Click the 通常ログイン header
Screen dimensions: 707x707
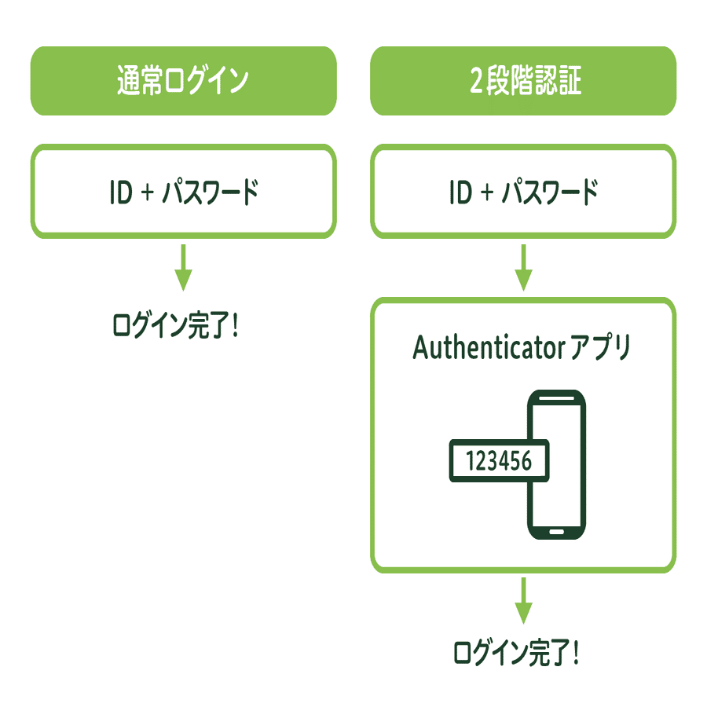pyautogui.click(x=183, y=82)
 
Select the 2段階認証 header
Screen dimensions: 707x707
pyautogui.click(x=523, y=82)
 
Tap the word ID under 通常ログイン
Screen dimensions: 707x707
pyautogui.click(x=122, y=192)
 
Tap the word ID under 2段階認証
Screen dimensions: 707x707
pyautogui.click(x=461, y=192)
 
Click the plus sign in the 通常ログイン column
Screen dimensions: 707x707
pyautogui.click(x=148, y=192)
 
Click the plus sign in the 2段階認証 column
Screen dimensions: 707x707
pyautogui.click(x=488, y=192)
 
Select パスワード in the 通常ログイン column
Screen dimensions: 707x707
pyautogui.click(x=209, y=192)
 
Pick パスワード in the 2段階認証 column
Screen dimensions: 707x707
pyautogui.click(x=549, y=192)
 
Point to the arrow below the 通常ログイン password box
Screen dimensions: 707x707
pyautogui.click(x=183, y=267)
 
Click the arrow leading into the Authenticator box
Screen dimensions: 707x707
pyautogui.click(x=523, y=267)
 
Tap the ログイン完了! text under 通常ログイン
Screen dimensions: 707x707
pyautogui.click(x=175, y=324)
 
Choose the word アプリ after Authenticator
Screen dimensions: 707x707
pyautogui.click(x=601, y=348)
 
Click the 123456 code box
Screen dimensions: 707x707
pyautogui.click(x=498, y=460)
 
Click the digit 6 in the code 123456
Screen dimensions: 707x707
pyautogui.click(x=526, y=460)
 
